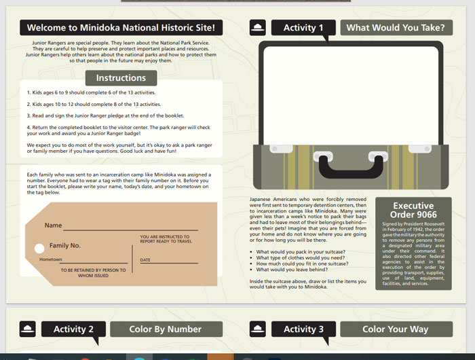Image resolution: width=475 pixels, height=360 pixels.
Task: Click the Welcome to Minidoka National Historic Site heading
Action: [121, 28]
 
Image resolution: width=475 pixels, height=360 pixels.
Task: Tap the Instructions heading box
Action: [121, 78]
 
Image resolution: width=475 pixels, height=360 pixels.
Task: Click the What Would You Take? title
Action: [396, 28]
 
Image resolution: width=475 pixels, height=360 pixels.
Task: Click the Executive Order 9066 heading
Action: [413, 210]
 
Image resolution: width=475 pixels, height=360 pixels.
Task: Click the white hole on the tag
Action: [39, 248]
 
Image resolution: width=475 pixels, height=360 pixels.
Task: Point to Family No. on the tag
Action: [65, 245]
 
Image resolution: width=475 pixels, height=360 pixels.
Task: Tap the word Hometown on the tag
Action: [50, 259]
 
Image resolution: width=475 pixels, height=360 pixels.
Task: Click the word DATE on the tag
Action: [145, 260]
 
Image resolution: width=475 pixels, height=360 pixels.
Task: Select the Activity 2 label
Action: [74, 329]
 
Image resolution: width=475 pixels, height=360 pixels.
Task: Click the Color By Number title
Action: [165, 329]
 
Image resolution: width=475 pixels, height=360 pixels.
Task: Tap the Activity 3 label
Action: [304, 329]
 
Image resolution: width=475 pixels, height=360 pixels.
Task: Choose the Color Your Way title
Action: [396, 329]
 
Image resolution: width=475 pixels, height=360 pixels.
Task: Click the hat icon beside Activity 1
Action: [257, 28]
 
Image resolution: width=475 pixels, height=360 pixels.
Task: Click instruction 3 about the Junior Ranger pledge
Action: [105, 115]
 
